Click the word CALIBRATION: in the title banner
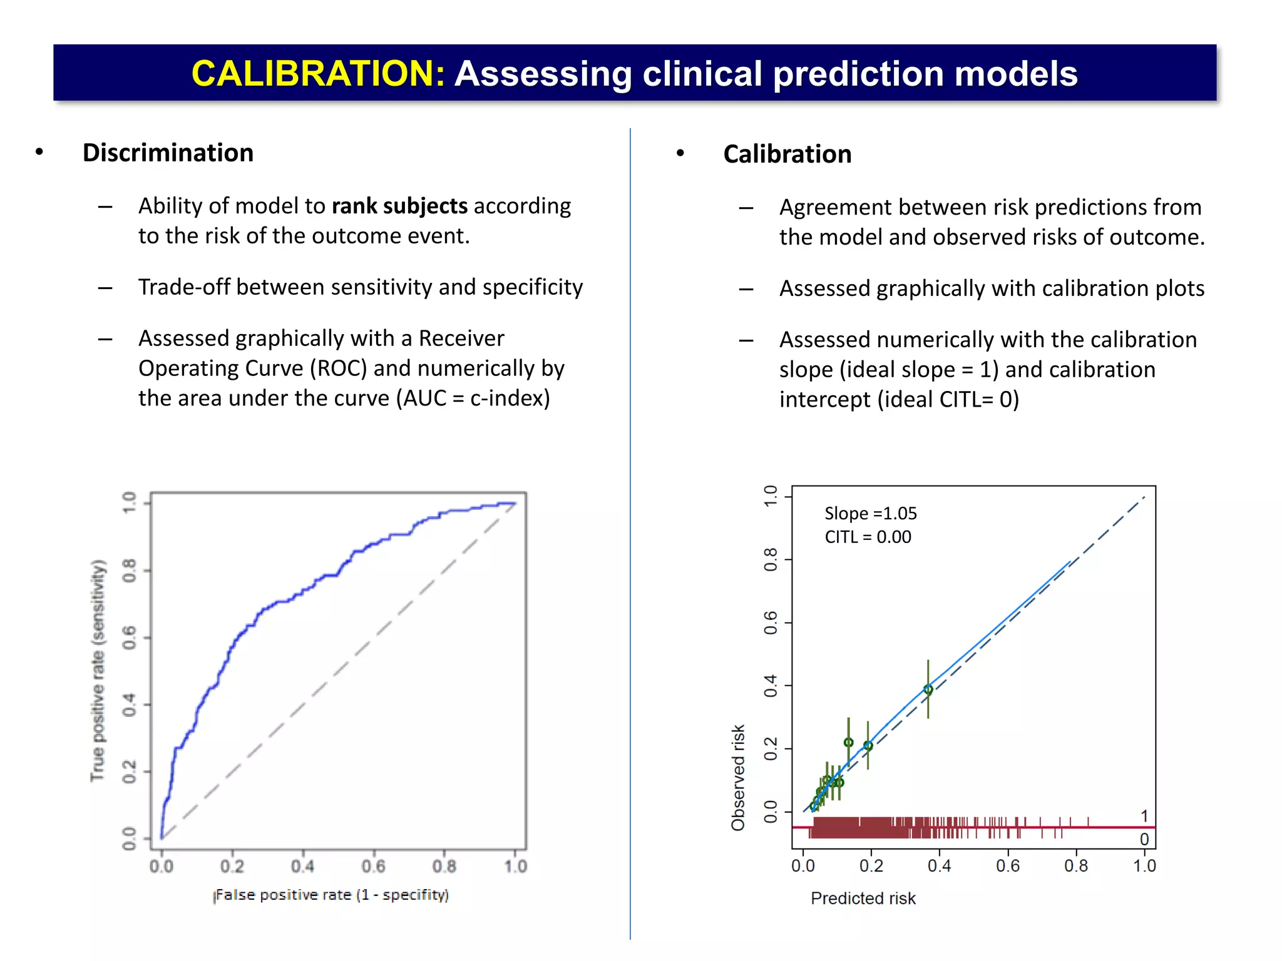318,73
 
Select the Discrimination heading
168,153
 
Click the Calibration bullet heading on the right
787,154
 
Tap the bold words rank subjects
399,206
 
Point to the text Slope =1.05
870,514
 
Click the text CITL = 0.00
868,537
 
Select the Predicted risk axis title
863,898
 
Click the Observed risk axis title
738,778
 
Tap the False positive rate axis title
331,895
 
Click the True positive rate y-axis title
98,670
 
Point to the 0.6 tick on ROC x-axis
374,867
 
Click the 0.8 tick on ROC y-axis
129,571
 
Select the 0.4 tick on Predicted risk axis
939,866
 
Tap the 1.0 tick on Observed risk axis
771,496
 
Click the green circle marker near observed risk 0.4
928,689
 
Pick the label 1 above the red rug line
1144,816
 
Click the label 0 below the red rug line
1144,839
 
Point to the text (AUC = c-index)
473,398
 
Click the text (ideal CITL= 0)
948,399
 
